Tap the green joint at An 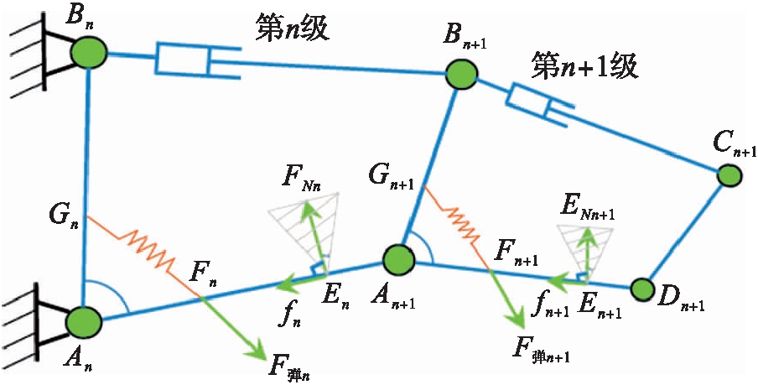[83, 321]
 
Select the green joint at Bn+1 [460, 76]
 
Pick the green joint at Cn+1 [728, 175]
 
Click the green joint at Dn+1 [642, 289]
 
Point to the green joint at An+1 [397, 259]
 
